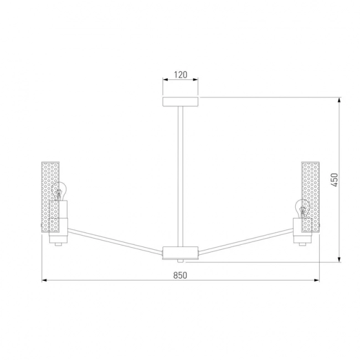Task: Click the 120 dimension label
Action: (x=181, y=75)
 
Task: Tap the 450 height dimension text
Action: (x=335, y=180)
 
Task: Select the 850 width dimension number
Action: (x=180, y=275)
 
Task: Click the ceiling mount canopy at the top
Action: (x=181, y=102)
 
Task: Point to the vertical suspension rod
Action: (x=181, y=177)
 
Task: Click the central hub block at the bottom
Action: (x=180, y=253)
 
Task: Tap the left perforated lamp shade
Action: (x=50, y=197)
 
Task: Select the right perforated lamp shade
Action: (x=310, y=197)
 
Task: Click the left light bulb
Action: (x=59, y=191)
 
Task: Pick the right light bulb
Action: (x=302, y=208)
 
